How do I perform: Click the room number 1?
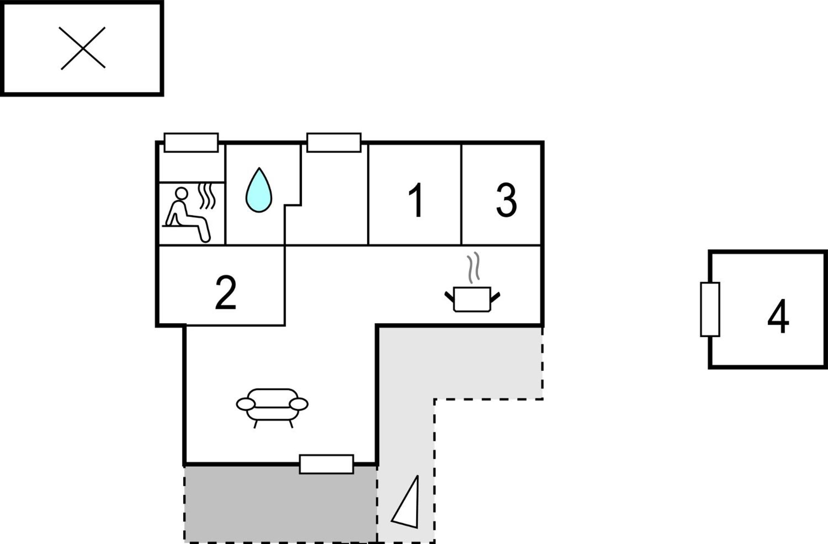[416, 200]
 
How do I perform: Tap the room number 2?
[225, 292]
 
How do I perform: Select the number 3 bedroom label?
[506, 200]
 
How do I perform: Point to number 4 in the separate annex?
[778, 316]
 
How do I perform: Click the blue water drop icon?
[258, 190]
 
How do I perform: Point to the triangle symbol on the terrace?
[406, 501]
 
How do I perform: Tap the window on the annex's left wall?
[710, 309]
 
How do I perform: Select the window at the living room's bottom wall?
[327, 464]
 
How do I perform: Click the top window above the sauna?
[191, 142]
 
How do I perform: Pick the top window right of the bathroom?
[334, 142]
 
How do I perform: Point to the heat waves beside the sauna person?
[207, 196]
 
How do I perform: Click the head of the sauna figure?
[181, 193]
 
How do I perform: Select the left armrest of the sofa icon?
[246, 404]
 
